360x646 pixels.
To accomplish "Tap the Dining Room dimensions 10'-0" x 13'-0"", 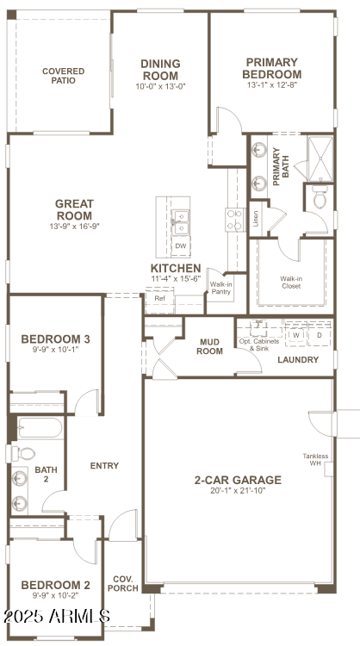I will pyautogui.click(x=160, y=86).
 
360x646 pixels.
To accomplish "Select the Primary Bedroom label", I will pyautogui.click(x=271, y=68).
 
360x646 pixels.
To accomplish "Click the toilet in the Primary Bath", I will pyautogui.click(x=320, y=201).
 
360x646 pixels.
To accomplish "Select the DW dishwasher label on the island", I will pyautogui.click(x=180, y=245).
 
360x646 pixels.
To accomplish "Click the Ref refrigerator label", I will pyautogui.click(x=159, y=299).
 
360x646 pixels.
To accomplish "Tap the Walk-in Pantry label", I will pyautogui.click(x=221, y=287).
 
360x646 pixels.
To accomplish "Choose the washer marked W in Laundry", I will pyautogui.click(x=295, y=334).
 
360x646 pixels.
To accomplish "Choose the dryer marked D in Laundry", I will pyautogui.click(x=319, y=334).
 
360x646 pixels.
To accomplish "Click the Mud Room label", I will pyautogui.click(x=209, y=345).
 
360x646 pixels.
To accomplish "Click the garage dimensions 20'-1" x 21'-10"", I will pyautogui.click(x=238, y=491).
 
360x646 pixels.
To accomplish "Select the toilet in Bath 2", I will pyautogui.click(x=25, y=453).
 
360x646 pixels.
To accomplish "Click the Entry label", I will pyautogui.click(x=104, y=466).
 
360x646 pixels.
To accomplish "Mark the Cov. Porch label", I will pyautogui.click(x=122, y=584).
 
